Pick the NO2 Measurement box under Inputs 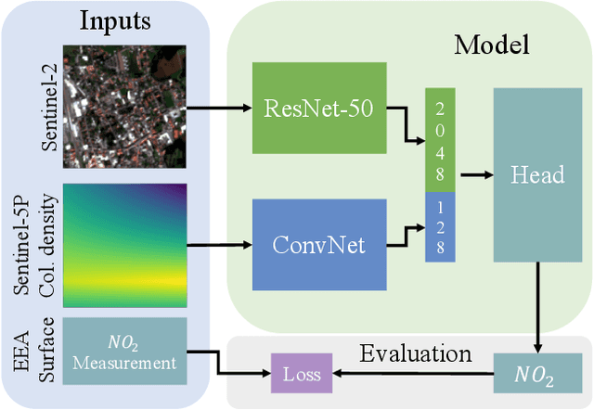coord(124,352)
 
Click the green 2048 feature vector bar coord(439,139)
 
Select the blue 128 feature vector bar coord(439,226)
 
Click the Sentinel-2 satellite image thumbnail coord(124,106)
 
